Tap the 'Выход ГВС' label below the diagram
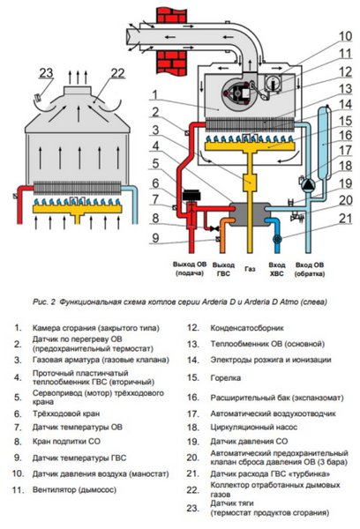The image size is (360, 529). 223,268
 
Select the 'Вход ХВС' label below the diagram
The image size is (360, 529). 278,268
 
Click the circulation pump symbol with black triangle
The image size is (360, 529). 310,184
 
